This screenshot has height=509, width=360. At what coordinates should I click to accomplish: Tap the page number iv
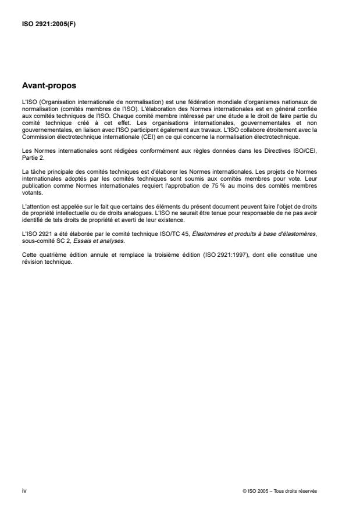tap(24, 490)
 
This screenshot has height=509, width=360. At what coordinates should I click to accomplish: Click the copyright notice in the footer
tap(280, 491)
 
